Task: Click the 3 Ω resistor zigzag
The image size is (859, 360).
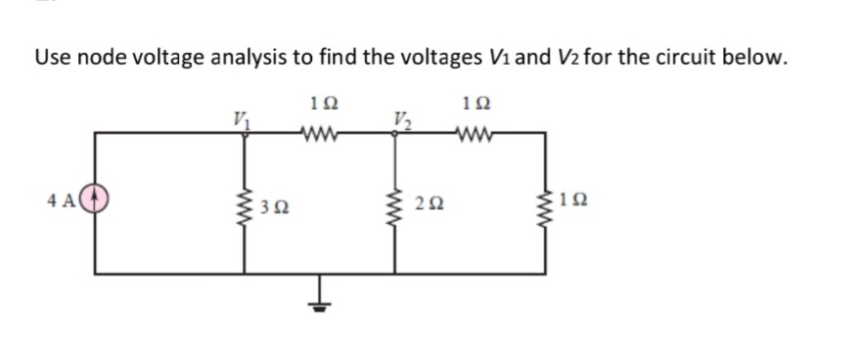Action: pyautogui.click(x=244, y=205)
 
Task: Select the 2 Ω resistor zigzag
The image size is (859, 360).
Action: pyautogui.click(x=396, y=205)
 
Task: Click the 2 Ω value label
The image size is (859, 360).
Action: pyautogui.click(x=427, y=207)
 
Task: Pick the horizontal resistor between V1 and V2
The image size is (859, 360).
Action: pyautogui.click(x=319, y=135)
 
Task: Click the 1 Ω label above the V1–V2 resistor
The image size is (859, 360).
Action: pyautogui.click(x=319, y=102)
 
